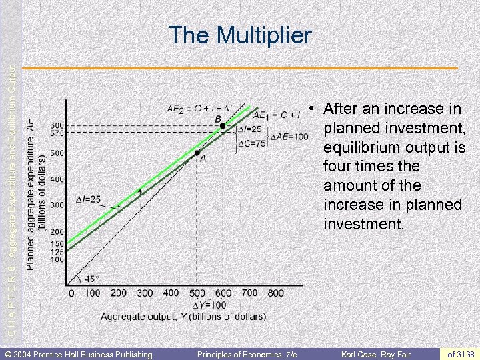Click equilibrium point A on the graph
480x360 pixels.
coord(198,153)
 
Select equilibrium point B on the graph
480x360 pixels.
coord(222,125)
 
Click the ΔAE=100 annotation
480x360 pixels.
coord(289,136)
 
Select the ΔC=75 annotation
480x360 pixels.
coord(253,143)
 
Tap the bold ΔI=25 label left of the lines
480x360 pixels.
coord(88,199)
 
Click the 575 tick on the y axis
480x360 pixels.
coord(57,133)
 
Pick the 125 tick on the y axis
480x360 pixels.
coord(57,251)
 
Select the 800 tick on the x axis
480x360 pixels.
coord(275,293)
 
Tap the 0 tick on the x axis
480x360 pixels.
coord(71,293)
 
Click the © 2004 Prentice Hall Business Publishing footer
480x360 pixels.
coord(79,354)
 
